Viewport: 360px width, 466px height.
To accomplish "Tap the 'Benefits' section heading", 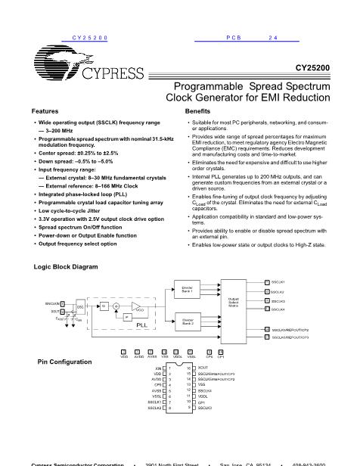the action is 198,110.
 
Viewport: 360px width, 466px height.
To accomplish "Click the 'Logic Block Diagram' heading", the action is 66,267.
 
